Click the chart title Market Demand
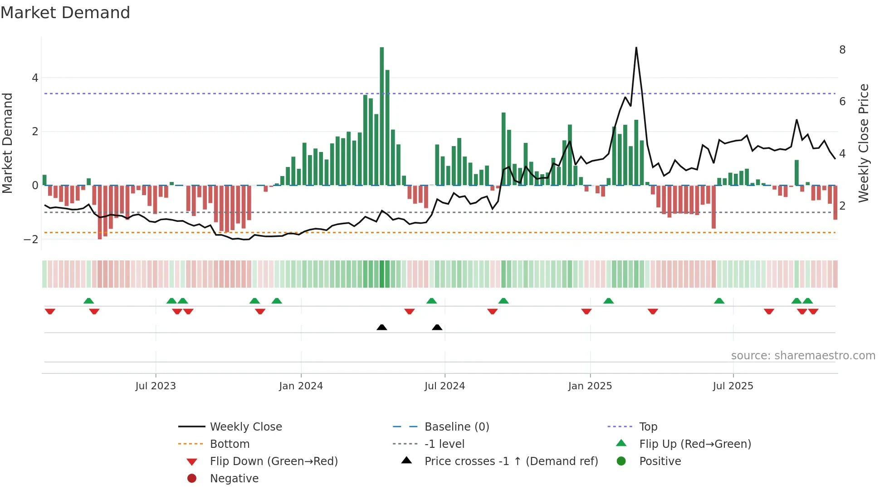(x=65, y=13)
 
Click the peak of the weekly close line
(x=636, y=48)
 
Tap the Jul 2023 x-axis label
(x=156, y=386)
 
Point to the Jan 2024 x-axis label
(x=301, y=386)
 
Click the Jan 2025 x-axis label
(x=590, y=386)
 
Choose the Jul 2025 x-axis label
(x=733, y=386)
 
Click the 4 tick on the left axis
(x=35, y=78)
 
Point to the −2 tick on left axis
(x=31, y=240)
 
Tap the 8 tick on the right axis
(x=842, y=50)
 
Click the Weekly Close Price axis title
(x=864, y=143)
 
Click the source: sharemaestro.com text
(x=803, y=356)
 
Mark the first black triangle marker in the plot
(x=382, y=327)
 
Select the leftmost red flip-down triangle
(x=50, y=311)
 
